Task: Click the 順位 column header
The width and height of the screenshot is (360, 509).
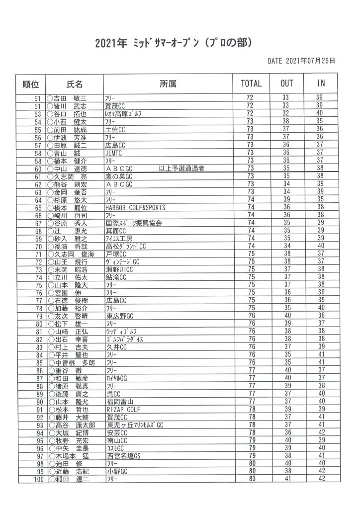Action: [34, 84]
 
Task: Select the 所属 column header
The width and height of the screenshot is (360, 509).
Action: [169, 84]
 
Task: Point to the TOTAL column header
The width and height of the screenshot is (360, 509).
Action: [251, 84]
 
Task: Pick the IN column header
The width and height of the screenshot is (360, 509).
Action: [321, 84]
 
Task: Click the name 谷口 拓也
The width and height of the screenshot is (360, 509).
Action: [69, 114]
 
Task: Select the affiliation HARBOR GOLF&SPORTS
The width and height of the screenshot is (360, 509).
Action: [135, 207]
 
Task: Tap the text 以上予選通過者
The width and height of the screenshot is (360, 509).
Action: [181, 169]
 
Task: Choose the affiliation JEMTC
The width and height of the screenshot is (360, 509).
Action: [114, 153]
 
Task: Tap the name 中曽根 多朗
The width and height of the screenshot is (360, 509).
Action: [75, 363]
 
